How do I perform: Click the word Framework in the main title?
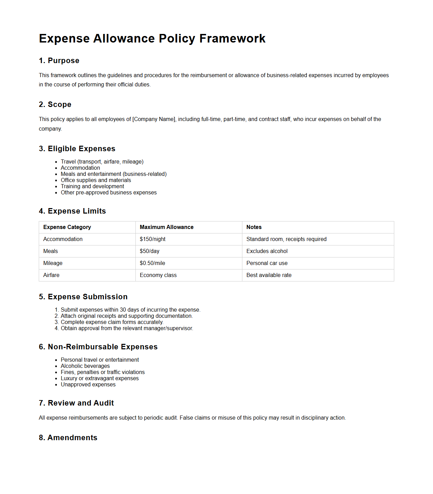pyautogui.click(x=232, y=38)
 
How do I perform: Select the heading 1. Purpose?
pyautogui.click(x=59, y=61)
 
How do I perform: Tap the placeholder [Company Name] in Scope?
pyautogui.click(x=154, y=119)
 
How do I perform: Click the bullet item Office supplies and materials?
pyautogui.click(x=96, y=180)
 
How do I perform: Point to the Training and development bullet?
pyautogui.click(x=92, y=186)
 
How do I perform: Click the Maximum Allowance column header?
pyautogui.click(x=167, y=227)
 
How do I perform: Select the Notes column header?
pyautogui.click(x=254, y=227)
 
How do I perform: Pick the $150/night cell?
pyautogui.click(x=153, y=239)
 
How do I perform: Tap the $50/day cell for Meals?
pyautogui.click(x=149, y=251)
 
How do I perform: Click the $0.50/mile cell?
pyautogui.click(x=152, y=263)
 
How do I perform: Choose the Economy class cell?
pyautogui.click(x=158, y=275)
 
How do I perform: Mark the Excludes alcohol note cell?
pyautogui.click(x=267, y=251)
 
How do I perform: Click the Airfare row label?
pyautogui.click(x=51, y=275)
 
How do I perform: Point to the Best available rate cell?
pyautogui.click(x=269, y=275)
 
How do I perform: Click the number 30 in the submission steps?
pyautogui.click(x=123, y=310)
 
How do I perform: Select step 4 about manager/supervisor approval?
pyautogui.click(x=127, y=328)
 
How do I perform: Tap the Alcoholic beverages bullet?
pyautogui.click(x=85, y=366)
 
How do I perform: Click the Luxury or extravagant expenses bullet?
pyautogui.click(x=99, y=378)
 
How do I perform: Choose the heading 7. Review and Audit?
pyautogui.click(x=76, y=403)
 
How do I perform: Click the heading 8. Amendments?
pyautogui.click(x=68, y=438)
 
